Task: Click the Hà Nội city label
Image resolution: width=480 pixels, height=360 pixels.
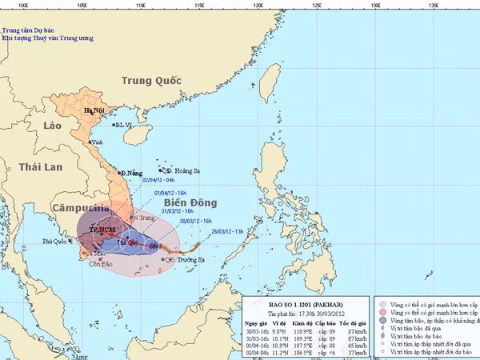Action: point(94,111)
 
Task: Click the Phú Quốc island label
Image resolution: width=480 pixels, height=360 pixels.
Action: point(58,240)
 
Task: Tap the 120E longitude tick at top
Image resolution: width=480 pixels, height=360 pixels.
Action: point(258,5)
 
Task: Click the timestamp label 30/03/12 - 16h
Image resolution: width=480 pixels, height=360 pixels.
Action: point(196,220)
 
